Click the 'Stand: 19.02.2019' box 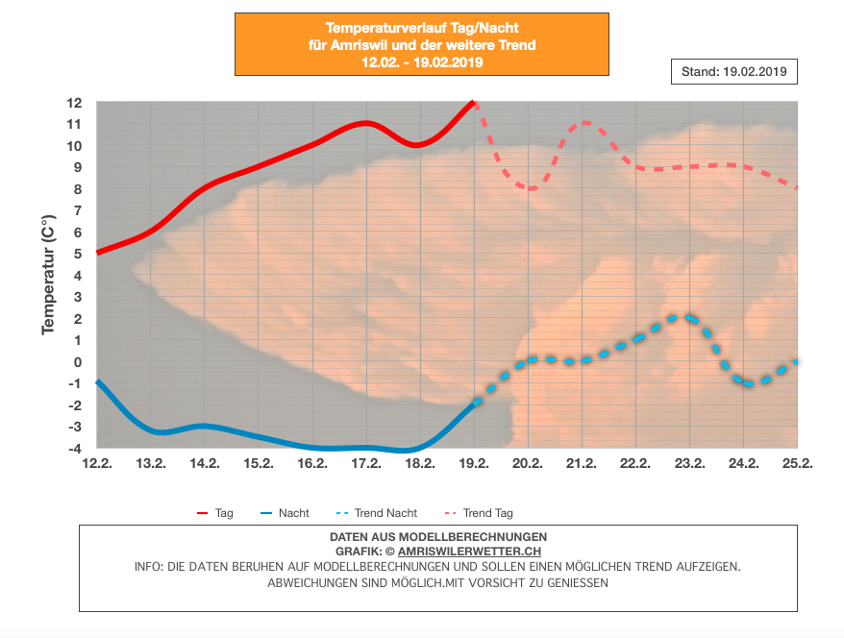(x=733, y=72)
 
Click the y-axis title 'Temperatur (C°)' (x=47, y=276)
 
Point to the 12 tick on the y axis (x=75, y=103)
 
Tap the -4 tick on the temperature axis (x=75, y=449)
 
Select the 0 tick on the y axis (x=78, y=362)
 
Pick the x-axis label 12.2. (x=96, y=463)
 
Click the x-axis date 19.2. (x=474, y=463)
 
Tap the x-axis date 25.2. (x=798, y=463)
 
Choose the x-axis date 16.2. (x=312, y=463)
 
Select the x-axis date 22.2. (x=635, y=463)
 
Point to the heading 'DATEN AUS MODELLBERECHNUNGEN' (x=437, y=536)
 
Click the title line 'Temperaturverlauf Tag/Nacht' (x=422, y=29)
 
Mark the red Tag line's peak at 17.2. (x=365, y=123)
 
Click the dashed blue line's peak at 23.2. (x=683, y=316)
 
